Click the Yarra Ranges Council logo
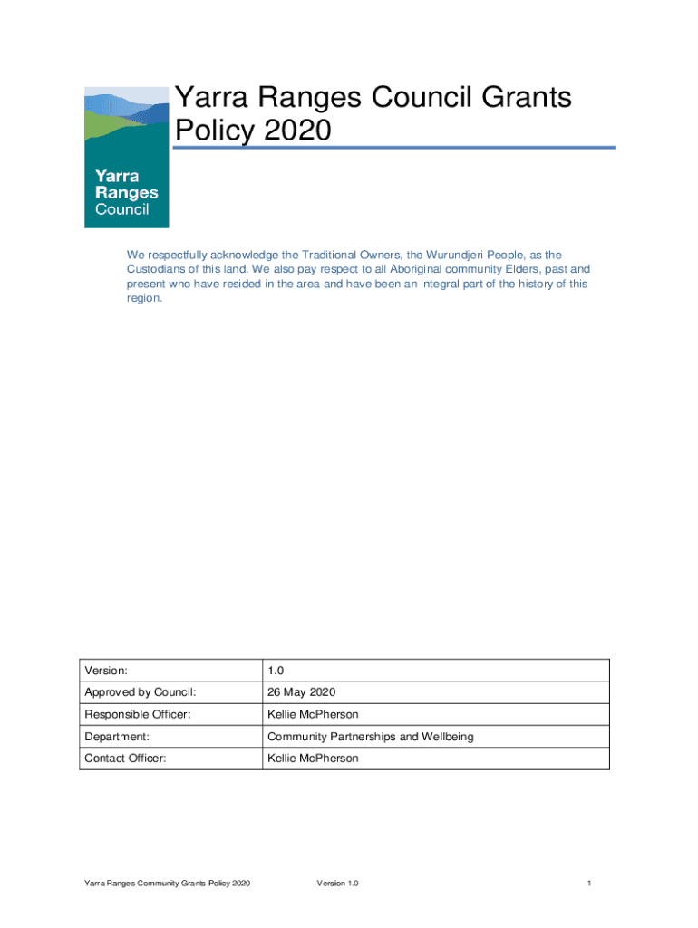(x=126, y=157)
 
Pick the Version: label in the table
(x=105, y=671)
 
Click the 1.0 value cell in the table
(x=276, y=671)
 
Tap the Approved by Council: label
(x=140, y=692)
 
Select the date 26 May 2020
(x=302, y=692)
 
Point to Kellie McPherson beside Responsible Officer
(x=313, y=715)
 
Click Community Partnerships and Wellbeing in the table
(x=370, y=737)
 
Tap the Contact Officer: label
(x=125, y=759)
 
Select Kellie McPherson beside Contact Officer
(x=313, y=759)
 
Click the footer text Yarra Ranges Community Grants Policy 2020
(x=167, y=883)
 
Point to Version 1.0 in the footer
(x=337, y=883)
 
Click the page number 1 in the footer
(x=589, y=883)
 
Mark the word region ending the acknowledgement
(x=144, y=297)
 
